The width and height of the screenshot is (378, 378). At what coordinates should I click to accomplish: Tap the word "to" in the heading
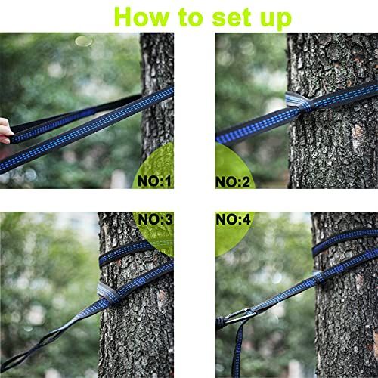coord(191,17)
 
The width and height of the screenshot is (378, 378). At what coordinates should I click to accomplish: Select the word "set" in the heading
coord(232,17)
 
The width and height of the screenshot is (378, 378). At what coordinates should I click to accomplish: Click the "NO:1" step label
coord(154,181)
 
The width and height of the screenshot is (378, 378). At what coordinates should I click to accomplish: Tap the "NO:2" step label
coord(233,182)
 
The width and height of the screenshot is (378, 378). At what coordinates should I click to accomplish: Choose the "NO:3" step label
coord(155,219)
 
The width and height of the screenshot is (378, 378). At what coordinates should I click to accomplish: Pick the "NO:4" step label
coord(234,219)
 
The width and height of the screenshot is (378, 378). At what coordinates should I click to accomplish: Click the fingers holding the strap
coord(5,131)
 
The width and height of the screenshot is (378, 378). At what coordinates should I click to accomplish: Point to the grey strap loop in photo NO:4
coord(319,277)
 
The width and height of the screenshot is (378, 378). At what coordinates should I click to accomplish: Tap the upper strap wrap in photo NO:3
coord(125,253)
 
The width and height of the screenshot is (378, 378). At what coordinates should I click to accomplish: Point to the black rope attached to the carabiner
coord(220,323)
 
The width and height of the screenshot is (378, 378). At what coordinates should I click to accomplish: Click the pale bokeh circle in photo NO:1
coord(84,41)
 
